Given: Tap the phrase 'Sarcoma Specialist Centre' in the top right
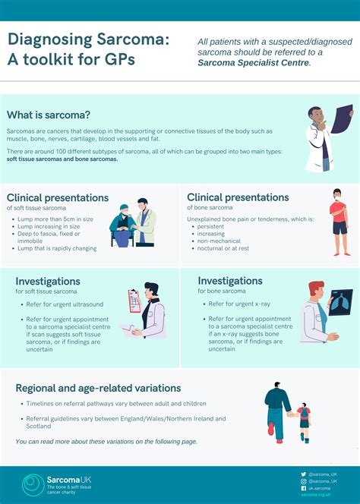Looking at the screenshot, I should (x=253, y=63).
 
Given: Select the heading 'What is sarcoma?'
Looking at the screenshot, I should (x=49, y=115).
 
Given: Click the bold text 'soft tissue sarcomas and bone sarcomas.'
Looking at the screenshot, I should (x=62, y=159).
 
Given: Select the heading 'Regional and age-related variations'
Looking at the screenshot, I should (x=98, y=388).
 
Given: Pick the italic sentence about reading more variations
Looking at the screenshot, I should (x=106, y=441).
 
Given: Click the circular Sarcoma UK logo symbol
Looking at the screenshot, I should (x=33, y=484).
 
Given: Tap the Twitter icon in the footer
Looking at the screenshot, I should (x=304, y=474).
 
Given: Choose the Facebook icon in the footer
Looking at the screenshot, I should (x=304, y=488).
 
